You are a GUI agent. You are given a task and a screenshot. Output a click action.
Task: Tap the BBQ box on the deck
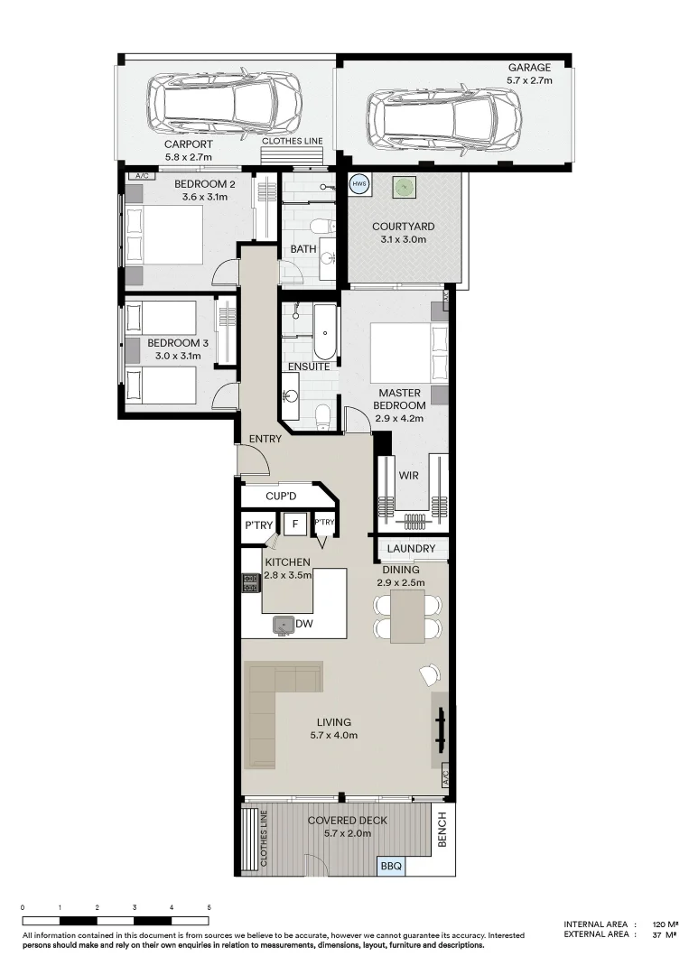click(x=391, y=866)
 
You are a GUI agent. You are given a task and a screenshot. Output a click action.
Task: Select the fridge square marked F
click(x=293, y=524)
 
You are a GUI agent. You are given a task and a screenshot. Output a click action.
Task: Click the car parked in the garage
click(x=444, y=116)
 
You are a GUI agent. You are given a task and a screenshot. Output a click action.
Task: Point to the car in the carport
click(x=225, y=101)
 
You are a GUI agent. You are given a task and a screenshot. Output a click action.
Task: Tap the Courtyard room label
click(x=404, y=232)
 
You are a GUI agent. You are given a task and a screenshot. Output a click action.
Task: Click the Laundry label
click(x=411, y=549)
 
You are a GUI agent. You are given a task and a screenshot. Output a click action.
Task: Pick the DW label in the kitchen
click(x=303, y=623)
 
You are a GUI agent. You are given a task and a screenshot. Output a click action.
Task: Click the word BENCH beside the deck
click(x=442, y=832)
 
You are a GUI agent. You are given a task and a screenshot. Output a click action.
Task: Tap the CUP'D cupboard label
click(x=281, y=497)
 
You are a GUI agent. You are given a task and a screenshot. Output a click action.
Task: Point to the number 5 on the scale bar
click(x=209, y=907)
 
